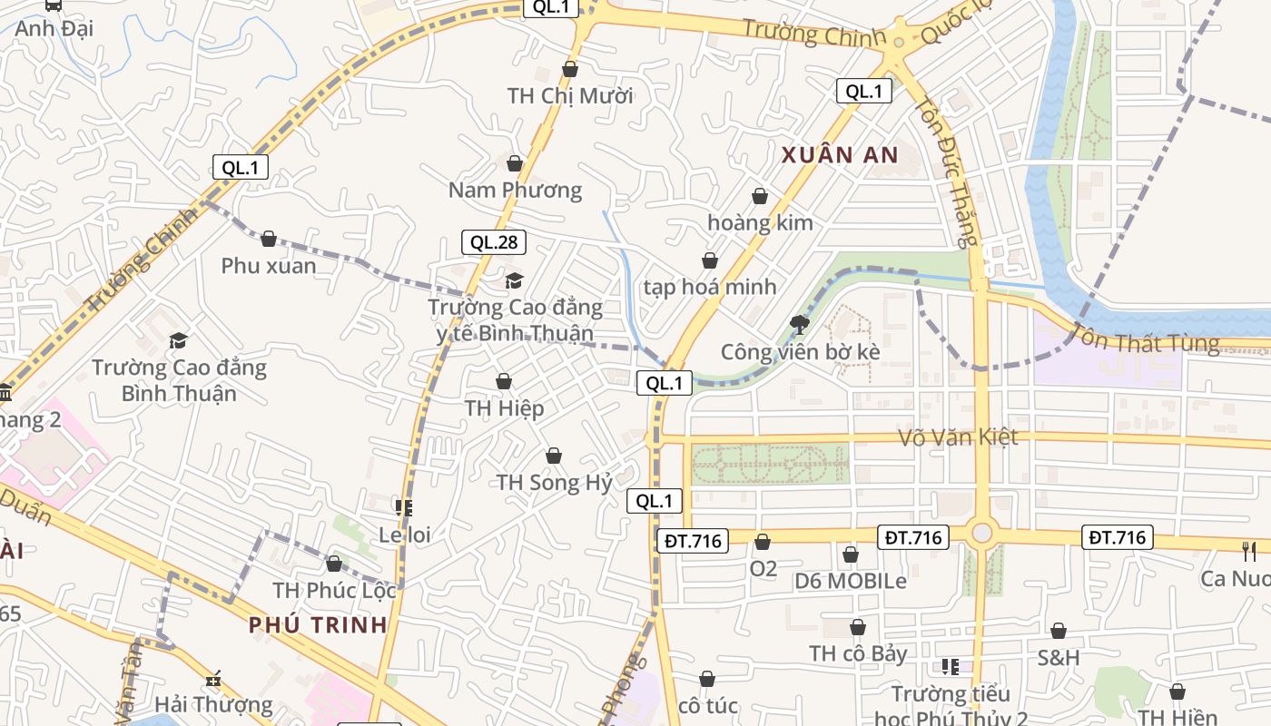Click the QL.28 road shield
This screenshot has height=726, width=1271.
click(x=494, y=242)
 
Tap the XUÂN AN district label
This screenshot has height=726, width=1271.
click(x=840, y=155)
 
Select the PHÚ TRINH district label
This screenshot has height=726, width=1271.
click(x=318, y=624)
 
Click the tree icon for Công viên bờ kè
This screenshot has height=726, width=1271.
click(x=800, y=324)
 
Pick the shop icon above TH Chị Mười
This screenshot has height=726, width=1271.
click(x=570, y=69)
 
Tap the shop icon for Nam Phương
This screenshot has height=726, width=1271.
click(x=515, y=163)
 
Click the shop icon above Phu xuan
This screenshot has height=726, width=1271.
click(x=269, y=239)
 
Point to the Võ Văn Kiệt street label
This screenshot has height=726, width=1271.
click(x=958, y=437)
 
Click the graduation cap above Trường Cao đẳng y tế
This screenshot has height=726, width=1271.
click(x=515, y=281)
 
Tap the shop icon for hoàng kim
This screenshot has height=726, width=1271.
click(x=760, y=196)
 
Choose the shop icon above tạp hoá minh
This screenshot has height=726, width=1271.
click(x=710, y=261)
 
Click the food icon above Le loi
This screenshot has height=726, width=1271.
click(x=404, y=508)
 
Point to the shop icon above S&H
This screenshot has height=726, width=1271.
click(x=1059, y=631)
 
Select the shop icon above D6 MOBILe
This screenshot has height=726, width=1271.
click(x=851, y=554)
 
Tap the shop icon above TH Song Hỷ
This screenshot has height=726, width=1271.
click(x=554, y=456)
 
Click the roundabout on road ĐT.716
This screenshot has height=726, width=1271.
click(x=981, y=533)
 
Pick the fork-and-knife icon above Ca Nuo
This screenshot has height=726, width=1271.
click(x=1249, y=551)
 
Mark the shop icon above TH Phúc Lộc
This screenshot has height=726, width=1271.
click(x=334, y=564)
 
